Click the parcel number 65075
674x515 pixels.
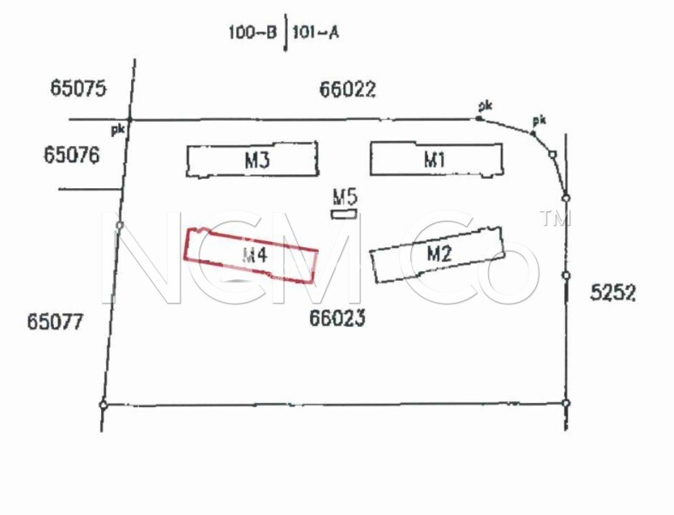click(x=78, y=88)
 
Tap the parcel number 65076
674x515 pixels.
click(x=72, y=155)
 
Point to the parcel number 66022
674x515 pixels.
click(x=348, y=89)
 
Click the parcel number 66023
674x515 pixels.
click(x=337, y=318)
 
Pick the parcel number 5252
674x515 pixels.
click(x=612, y=293)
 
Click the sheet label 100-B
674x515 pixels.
click(x=252, y=33)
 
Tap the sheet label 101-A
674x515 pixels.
click(x=316, y=33)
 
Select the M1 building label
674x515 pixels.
click(x=434, y=160)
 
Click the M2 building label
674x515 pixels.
click(x=439, y=253)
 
